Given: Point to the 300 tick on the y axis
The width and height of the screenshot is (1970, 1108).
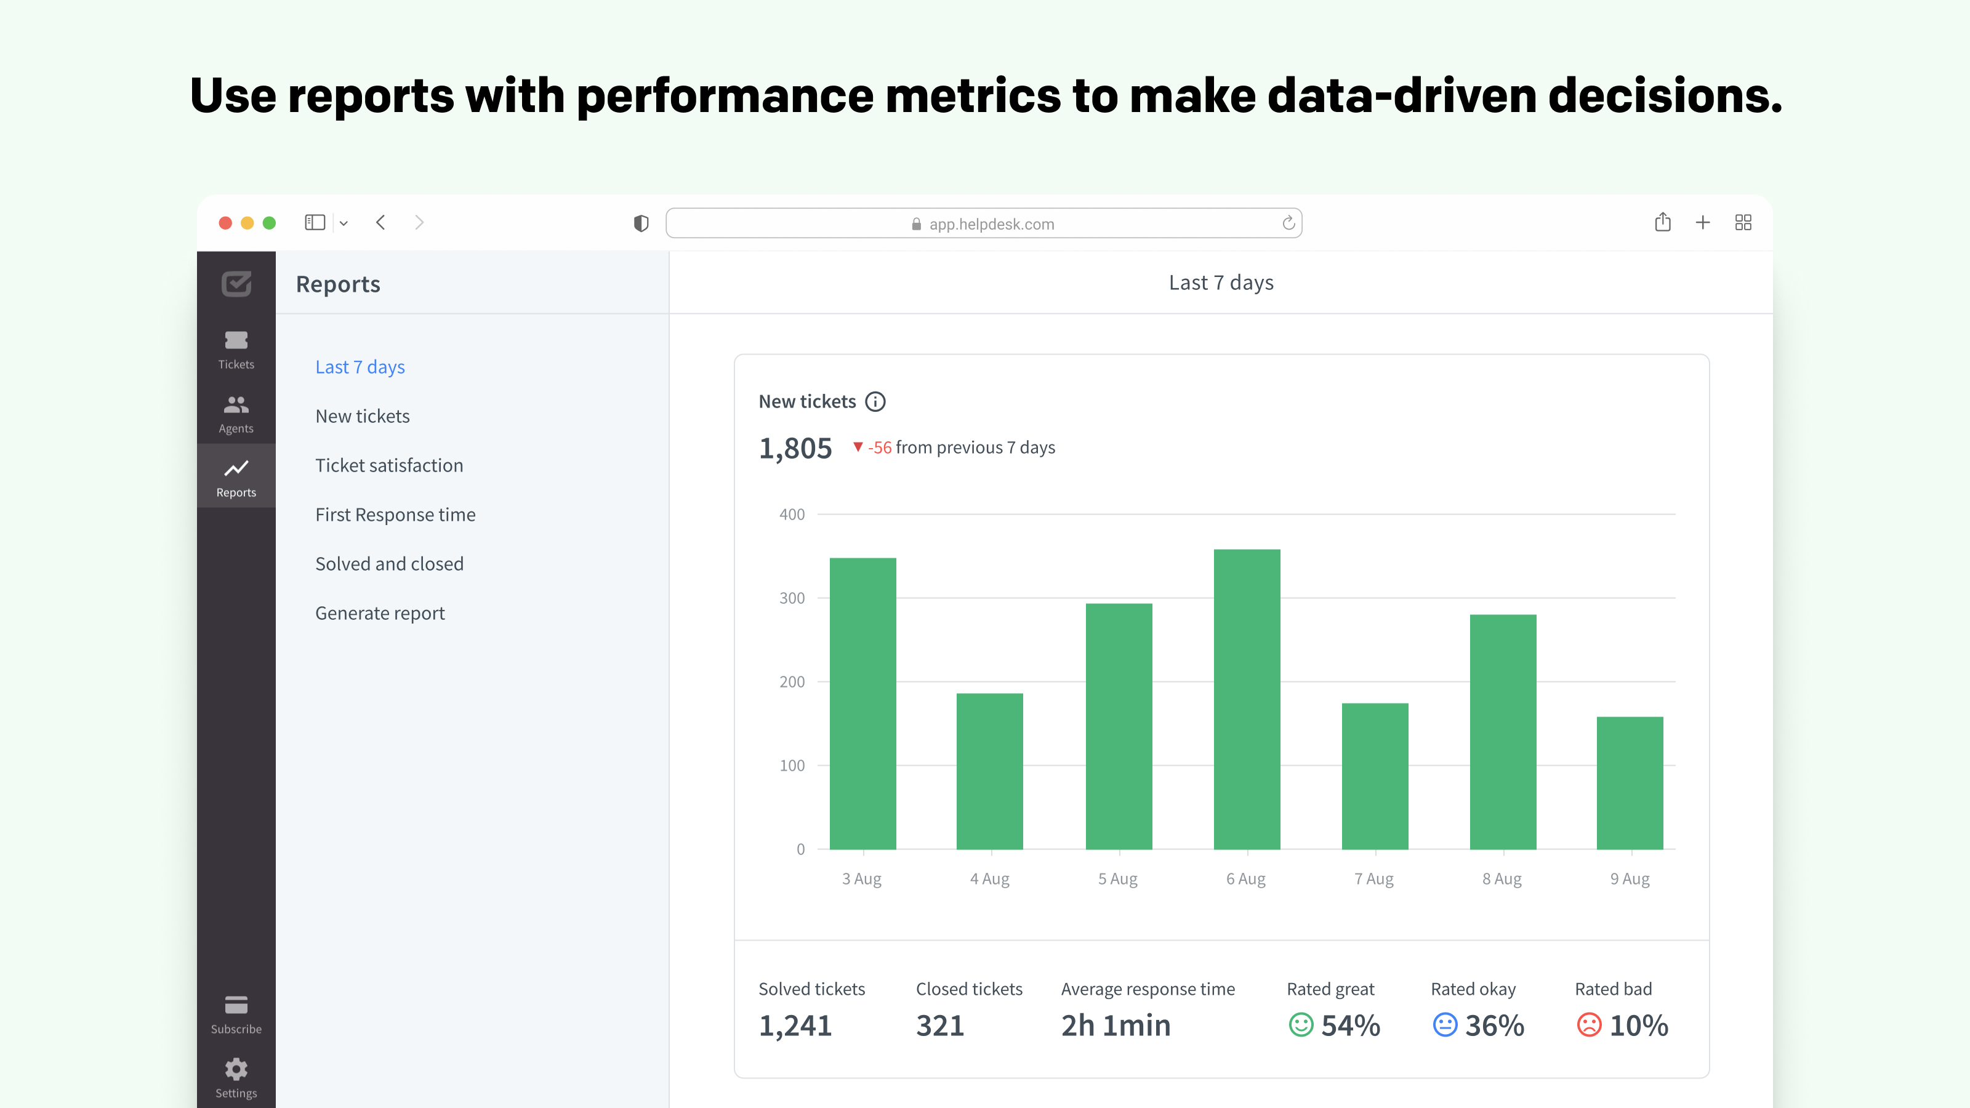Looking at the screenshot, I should coord(792,598).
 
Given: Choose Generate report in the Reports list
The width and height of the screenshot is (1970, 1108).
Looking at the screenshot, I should coord(379,613).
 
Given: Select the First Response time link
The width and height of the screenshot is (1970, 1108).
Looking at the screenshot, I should coord(395,515).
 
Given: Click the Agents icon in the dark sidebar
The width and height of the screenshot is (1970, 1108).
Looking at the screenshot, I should coord(236,404).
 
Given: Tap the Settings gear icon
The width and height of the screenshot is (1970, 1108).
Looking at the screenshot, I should coord(236,1069).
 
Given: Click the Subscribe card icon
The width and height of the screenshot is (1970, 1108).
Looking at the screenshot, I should coord(236,1005).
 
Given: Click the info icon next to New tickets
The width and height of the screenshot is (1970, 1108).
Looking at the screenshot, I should coord(875,401).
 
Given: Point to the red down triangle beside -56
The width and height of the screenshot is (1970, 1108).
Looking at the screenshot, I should coord(858,446).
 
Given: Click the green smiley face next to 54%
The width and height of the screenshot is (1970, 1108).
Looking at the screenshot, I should coord(1300,1025).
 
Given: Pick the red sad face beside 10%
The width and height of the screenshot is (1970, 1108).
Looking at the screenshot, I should coord(1588,1025).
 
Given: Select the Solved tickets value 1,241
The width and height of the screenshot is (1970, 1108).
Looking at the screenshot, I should coord(795,1026).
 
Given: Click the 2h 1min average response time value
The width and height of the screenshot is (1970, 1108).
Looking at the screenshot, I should coord(1115,1026).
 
